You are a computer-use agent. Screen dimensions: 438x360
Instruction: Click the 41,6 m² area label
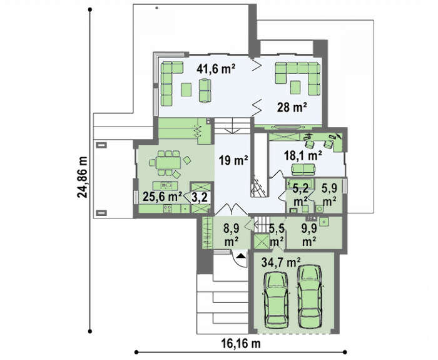(x=216, y=69)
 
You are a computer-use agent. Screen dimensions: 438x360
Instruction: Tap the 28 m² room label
(x=292, y=107)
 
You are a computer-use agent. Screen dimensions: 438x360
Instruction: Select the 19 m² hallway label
(x=233, y=161)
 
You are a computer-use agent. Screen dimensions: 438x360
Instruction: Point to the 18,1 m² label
(x=303, y=155)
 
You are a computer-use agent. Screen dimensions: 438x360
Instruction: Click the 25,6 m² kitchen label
(x=162, y=197)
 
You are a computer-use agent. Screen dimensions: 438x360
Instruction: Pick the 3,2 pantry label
(x=200, y=197)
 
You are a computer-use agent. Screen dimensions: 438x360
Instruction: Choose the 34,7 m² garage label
(x=281, y=262)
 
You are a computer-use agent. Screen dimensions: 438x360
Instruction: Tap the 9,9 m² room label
(x=309, y=235)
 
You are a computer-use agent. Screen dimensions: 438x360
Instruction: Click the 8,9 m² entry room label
(x=232, y=235)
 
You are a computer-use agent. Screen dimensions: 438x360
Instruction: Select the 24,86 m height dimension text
(x=83, y=177)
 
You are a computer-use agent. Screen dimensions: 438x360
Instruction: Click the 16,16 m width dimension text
(x=241, y=343)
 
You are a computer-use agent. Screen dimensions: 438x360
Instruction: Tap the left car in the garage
(x=276, y=301)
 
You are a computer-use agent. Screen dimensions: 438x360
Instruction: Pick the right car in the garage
(x=310, y=296)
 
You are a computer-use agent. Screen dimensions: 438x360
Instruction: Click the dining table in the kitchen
(x=168, y=163)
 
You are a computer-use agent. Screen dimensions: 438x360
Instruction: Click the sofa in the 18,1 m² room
(x=303, y=168)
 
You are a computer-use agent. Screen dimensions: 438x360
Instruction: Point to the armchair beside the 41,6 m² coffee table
(x=205, y=90)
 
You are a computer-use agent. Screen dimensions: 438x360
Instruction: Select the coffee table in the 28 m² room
(x=295, y=87)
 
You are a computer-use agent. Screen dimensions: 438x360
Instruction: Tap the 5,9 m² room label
(x=328, y=194)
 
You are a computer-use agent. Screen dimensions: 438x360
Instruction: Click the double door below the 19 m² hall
(x=232, y=209)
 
